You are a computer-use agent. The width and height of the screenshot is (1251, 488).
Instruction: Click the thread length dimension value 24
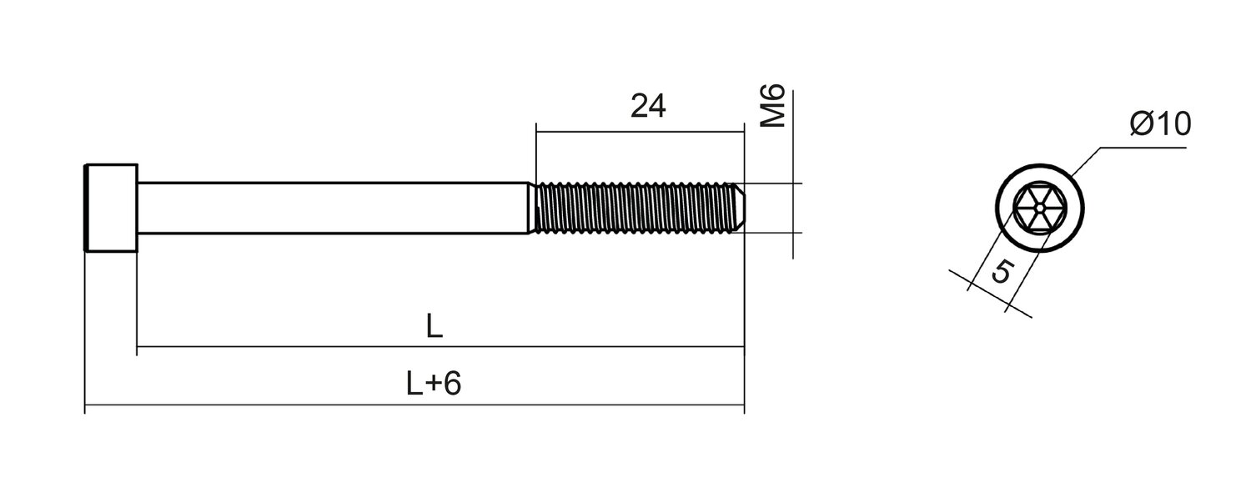pos(648,106)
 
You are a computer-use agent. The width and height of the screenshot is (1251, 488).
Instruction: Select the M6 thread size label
pos(773,106)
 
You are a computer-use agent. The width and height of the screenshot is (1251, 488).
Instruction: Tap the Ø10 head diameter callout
pos(1161,123)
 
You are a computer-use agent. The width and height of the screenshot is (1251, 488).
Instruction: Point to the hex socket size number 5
pos(1002,271)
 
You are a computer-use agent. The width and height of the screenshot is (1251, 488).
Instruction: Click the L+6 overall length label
pos(434,384)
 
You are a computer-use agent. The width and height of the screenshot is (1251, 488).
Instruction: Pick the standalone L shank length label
pos(434,326)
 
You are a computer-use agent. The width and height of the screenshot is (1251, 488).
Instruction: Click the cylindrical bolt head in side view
pos(111,208)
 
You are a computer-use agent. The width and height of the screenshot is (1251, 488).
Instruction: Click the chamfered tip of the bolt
pos(738,208)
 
